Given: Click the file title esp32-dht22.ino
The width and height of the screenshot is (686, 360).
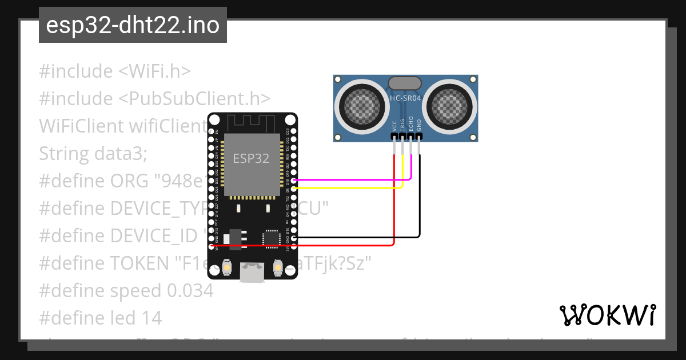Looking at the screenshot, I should [133, 26].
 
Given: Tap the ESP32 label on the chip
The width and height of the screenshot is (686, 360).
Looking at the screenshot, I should [250, 158].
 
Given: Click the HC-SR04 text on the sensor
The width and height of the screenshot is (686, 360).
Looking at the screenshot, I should [405, 98].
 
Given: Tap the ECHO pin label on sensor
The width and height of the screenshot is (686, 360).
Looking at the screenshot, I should [411, 125].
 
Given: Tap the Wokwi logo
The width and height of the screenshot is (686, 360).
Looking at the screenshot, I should [607, 315].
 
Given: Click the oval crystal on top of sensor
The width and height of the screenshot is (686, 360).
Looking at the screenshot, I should [405, 83].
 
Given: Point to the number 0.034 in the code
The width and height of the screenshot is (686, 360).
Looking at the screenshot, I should [190, 290].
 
